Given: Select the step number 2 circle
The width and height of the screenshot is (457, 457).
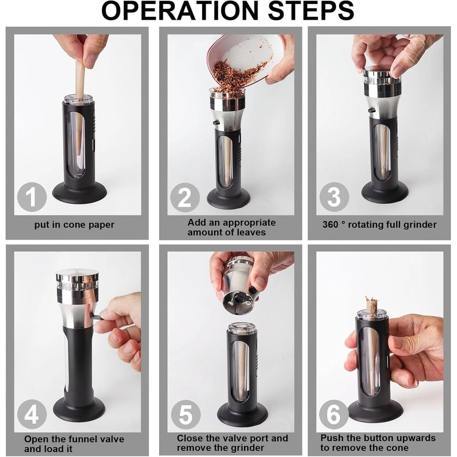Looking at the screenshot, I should [x=185, y=197].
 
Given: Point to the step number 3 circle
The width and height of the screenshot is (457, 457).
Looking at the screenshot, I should [x=334, y=197].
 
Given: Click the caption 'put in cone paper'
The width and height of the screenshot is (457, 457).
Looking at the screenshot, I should [x=74, y=225].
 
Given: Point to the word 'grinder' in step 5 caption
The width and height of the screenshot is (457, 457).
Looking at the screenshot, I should [x=250, y=448].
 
